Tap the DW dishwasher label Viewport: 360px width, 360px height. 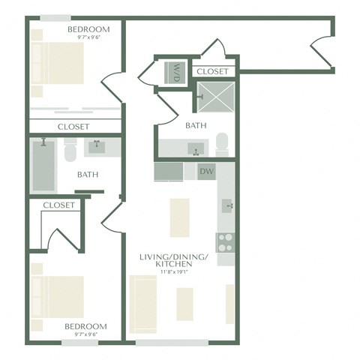pos(207,172)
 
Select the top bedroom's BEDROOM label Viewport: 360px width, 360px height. pos(88,29)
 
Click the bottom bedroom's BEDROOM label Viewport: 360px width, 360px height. pos(85,327)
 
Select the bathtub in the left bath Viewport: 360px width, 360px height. pos(43,166)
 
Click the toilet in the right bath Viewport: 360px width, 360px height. pos(222,143)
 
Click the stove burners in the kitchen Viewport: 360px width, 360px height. pos(226,241)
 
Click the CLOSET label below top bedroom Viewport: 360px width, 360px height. pos(73,127)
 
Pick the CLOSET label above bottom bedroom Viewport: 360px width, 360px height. pos(58,205)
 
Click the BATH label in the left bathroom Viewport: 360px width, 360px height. pos(88,175)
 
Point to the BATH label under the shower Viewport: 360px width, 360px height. pos(196,126)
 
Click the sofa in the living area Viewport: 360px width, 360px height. pos(142,300)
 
